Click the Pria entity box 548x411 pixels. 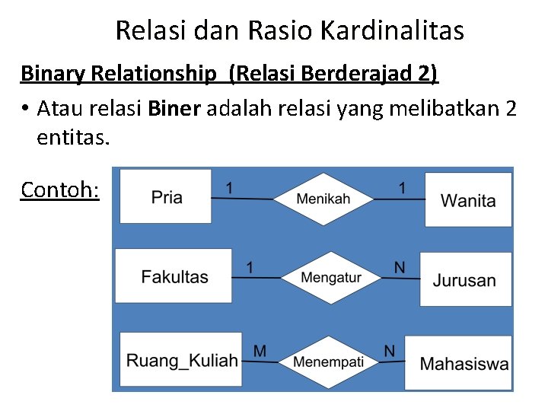click(166, 197)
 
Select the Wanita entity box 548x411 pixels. click(468, 200)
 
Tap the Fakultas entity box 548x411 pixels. click(174, 276)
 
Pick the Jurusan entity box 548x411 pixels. click(464, 279)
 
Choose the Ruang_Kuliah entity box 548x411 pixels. click(182, 359)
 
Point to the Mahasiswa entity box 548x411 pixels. click(464, 364)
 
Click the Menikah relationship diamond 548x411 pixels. click(323, 199)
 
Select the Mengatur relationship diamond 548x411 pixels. click(331, 277)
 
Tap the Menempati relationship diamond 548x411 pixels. click(328, 361)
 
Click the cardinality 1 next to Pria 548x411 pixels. click(230, 186)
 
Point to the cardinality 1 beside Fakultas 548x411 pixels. click(250, 266)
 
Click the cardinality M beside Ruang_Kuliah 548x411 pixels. click(260, 350)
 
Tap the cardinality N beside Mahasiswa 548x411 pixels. click(390, 350)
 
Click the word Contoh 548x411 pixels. click(60, 189)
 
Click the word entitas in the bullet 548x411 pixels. click(72, 139)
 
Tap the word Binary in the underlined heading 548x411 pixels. click(53, 74)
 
